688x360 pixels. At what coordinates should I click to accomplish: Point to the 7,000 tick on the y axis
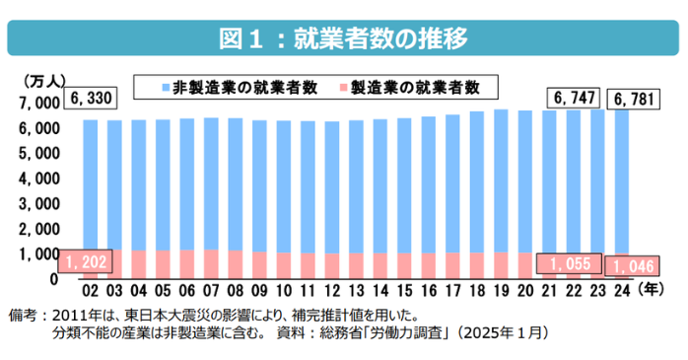click(38, 103)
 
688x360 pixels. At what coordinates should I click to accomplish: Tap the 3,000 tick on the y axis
click(38, 204)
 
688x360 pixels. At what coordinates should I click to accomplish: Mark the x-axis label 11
click(307, 291)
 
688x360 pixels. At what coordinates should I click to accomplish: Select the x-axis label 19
click(500, 291)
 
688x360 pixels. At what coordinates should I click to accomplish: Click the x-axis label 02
click(90, 291)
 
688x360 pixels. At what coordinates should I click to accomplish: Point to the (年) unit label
click(652, 290)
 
